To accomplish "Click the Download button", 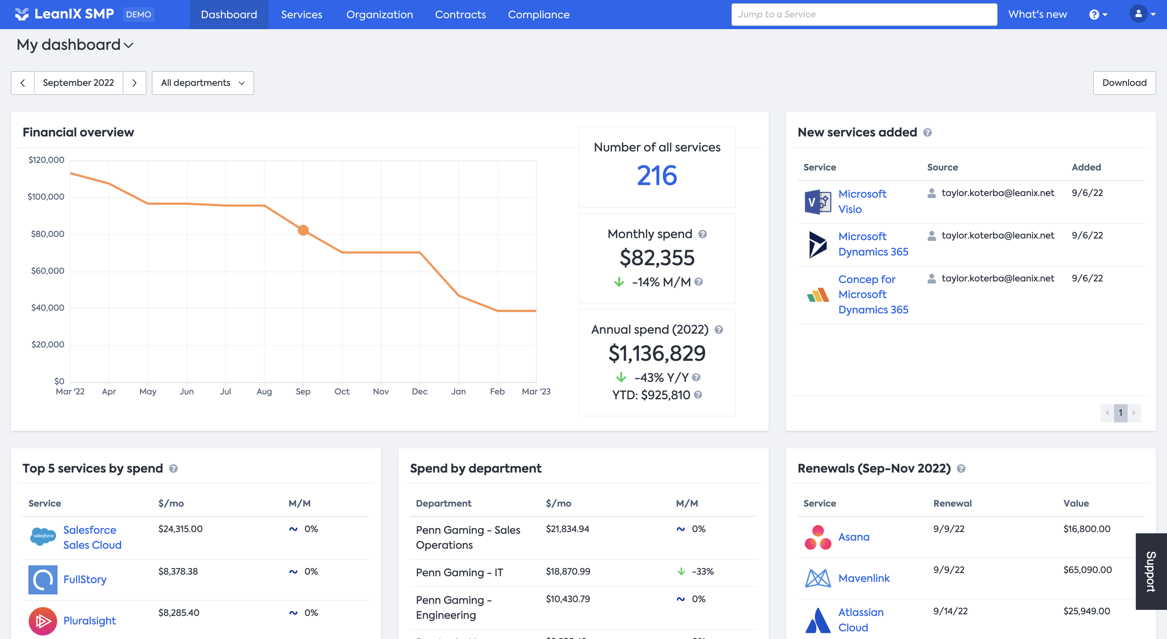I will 1124,83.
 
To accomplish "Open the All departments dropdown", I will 203,83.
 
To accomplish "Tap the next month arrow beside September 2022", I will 134,83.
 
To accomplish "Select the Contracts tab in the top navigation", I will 460,15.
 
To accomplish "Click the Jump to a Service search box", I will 863,15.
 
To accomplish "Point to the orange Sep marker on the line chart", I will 303,230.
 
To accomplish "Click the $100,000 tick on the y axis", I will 46,196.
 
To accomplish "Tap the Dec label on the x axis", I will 419,391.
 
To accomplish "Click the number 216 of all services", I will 656,176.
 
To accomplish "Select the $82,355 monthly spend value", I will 656,258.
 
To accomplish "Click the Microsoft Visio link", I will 862,202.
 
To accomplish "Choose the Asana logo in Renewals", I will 818,537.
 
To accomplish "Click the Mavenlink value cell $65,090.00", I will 1087,570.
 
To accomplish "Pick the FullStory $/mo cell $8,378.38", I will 178,571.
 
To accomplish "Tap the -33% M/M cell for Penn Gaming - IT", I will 702,571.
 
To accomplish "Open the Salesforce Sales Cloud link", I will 92,537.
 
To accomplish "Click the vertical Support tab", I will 1151,571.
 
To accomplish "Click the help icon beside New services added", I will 928,133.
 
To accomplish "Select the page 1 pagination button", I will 1120,413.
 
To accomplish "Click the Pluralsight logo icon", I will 43,621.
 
